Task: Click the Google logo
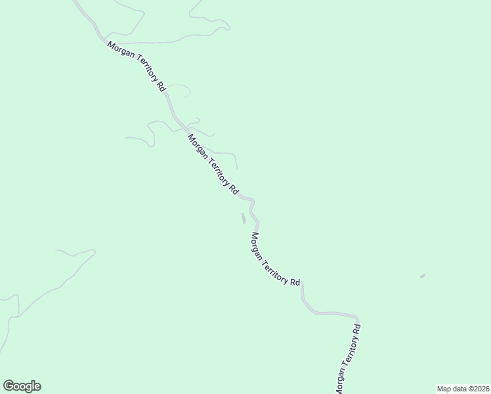coord(22,386)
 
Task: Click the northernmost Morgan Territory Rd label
coord(136,66)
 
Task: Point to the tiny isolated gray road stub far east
coord(422,276)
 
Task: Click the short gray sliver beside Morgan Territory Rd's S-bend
coord(244,218)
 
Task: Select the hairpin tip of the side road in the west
coord(93,251)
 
